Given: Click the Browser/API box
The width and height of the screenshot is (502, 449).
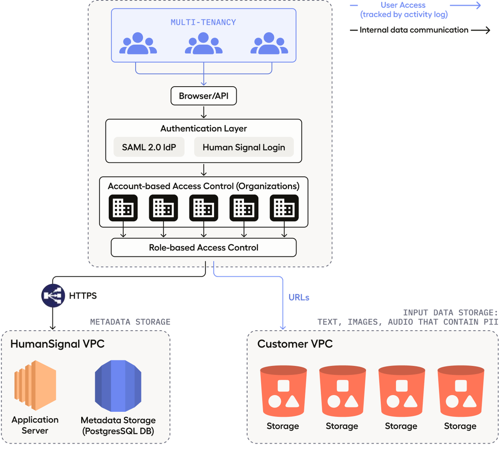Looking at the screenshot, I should (204, 96).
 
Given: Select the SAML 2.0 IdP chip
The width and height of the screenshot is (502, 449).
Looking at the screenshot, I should (149, 147).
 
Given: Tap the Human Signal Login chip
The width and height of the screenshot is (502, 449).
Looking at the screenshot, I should (244, 147).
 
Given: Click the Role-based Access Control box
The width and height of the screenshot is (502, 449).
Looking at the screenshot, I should (204, 247).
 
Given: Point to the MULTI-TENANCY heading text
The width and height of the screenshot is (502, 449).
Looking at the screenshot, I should (203, 22).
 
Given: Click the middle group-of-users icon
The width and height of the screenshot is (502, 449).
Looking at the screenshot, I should (204, 44).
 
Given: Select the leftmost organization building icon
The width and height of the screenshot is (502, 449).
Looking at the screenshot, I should (123, 208).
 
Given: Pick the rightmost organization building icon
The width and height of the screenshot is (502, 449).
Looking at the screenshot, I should (284, 208).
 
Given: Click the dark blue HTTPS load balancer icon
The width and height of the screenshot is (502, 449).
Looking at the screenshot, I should (53, 295).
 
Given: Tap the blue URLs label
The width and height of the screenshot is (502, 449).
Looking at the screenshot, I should (299, 298).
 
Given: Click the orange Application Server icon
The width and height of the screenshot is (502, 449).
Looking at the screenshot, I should (35, 385).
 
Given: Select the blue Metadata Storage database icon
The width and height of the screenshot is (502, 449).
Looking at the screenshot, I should (118, 386).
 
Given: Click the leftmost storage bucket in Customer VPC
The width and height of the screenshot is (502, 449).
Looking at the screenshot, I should (283, 391).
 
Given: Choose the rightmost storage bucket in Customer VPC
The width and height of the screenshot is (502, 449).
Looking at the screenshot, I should (460, 391).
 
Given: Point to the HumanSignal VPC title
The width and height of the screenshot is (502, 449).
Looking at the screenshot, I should (57, 344).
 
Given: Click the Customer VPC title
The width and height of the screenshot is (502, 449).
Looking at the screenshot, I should (295, 344).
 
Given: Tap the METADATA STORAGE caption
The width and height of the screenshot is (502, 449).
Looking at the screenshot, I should (130, 322).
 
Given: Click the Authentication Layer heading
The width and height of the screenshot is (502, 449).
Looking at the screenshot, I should (204, 129).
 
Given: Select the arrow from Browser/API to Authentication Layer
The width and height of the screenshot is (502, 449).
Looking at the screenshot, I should (204, 112).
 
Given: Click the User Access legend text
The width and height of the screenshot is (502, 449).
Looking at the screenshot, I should (403, 5).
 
